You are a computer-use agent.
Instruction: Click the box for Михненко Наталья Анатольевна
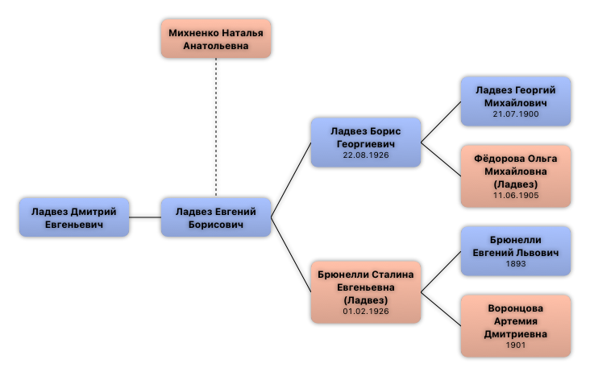coord(215,39)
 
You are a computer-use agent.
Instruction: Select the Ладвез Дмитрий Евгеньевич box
coord(73,217)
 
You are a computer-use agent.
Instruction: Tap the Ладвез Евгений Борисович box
coord(215,217)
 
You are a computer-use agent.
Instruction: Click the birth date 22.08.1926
coord(366,155)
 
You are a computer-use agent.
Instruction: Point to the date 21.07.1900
coord(516,114)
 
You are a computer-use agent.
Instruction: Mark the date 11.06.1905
coord(516,196)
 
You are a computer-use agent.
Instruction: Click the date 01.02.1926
coord(366,311)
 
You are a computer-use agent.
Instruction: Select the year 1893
coord(516,264)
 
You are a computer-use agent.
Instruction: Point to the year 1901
coord(516,345)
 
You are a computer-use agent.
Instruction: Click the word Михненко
coord(193,34)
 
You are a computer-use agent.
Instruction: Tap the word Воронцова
coord(516,308)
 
